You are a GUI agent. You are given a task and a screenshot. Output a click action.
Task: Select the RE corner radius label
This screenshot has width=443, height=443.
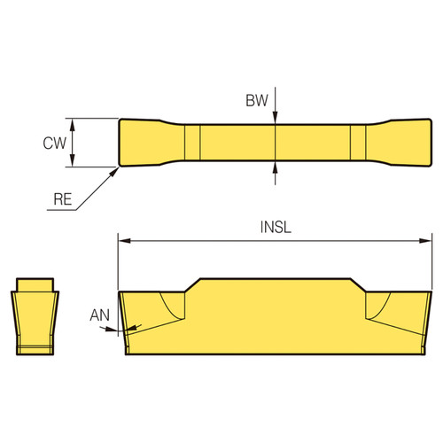coord(60,201)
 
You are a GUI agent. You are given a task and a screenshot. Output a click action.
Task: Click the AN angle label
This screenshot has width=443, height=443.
coord(100,315)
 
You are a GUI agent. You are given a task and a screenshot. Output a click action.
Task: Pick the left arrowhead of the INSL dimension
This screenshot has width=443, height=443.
coord(124,239)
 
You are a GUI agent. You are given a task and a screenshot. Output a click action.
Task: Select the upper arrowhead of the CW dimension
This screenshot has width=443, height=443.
coord(72,123)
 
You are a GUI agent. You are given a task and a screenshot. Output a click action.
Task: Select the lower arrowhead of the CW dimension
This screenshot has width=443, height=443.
coord(72,162)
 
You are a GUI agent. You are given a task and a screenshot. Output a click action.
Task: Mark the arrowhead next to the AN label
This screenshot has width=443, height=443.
coord(119,329)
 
